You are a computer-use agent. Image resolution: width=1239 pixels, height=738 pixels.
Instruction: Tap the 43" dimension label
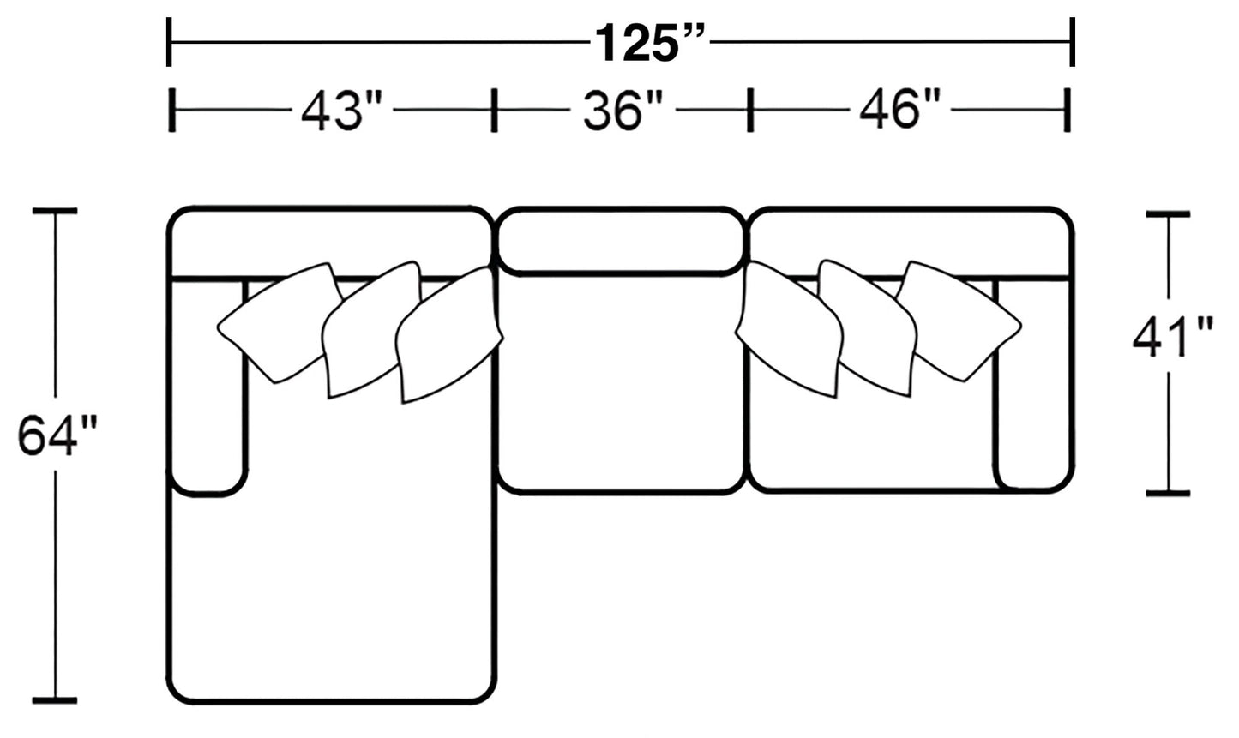(341, 111)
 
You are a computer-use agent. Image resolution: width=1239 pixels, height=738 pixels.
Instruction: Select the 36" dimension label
(623, 111)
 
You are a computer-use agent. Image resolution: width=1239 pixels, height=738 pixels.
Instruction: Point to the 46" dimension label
(900, 110)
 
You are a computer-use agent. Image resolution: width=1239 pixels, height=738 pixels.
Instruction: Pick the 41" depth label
(1173, 337)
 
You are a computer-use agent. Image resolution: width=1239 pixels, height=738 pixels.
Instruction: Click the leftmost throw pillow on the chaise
(280, 322)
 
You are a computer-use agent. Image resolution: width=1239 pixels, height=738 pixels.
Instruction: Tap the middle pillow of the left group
(371, 329)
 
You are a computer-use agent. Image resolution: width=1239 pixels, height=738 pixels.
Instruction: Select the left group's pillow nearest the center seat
(448, 334)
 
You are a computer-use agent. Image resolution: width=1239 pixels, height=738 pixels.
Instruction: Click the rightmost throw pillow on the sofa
(959, 321)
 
